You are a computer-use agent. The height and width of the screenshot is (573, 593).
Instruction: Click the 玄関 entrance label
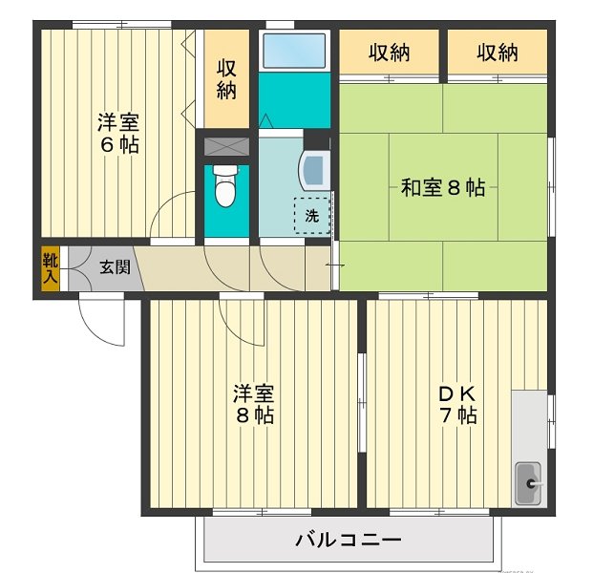(x=115, y=266)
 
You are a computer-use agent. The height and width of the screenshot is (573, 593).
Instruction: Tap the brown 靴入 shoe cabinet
(x=50, y=267)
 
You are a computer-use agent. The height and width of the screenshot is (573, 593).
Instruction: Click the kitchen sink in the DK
(x=527, y=483)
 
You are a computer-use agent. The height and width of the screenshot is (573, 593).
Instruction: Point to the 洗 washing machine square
(x=312, y=215)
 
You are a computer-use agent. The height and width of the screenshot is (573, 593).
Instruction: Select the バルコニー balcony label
(x=348, y=540)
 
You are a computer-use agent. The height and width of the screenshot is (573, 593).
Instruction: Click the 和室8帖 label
(x=442, y=188)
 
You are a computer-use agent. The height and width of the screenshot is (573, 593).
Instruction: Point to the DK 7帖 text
(x=457, y=405)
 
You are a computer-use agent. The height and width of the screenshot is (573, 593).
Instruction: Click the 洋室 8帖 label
(x=255, y=405)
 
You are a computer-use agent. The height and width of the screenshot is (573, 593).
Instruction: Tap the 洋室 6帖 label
(x=118, y=134)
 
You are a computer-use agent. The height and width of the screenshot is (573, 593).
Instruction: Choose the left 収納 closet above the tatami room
(x=389, y=53)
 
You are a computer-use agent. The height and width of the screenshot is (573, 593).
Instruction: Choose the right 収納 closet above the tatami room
(x=497, y=53)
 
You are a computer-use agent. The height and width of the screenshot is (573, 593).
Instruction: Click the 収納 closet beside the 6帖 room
(x=225, y=79)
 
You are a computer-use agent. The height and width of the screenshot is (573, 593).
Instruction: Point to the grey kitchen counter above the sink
(x=527, y=420)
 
